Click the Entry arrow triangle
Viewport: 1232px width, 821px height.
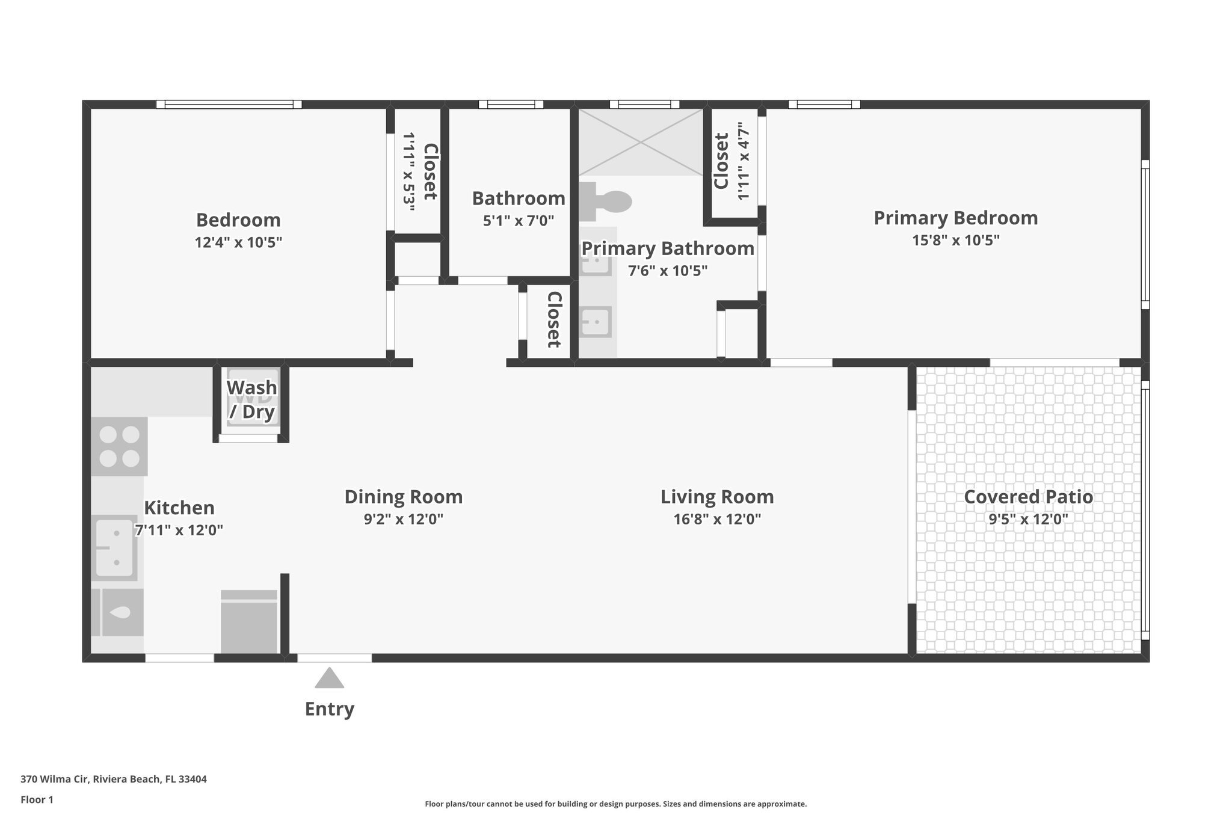pyautogui.click(x=329, y=678)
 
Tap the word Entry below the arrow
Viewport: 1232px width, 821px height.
pyautogui.click(x=329, y=709)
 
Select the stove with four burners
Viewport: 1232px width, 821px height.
pyautogui.click(x=119, y=446)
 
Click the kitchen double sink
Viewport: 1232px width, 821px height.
pyautogui.click(x=114, y=547)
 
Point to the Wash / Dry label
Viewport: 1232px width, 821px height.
pyautogui.click(x=251, y=399)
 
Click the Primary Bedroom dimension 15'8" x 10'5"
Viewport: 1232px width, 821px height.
pyautogui.click(x=955, y=241)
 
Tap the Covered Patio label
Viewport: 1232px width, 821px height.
pyautogui.click(x=1028, y=497)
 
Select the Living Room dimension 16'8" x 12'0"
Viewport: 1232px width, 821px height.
pyautogui.click(x=717, y=519)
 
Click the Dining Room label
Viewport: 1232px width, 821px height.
pyautogui.click(x=403, y=497)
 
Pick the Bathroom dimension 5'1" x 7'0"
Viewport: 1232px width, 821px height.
pyautogui.click(x=518, y=221)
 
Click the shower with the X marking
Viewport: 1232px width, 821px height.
pyautogui.click(x=641, y=143)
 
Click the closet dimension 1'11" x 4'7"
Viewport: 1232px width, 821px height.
pyautogui.click(x=744, y=161)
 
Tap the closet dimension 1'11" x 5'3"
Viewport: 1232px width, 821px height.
pyautogui.click(x=409, y=172)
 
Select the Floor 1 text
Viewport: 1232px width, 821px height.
pyautogui.click(x=37, y=799)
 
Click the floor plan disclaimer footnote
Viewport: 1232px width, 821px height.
pyautogui.click(x=615, y=804)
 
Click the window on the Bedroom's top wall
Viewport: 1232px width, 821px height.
pyautogui.click(x=229, y=105)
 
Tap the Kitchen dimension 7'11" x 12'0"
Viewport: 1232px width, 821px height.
pyautogui.click(x=179, y=530)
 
